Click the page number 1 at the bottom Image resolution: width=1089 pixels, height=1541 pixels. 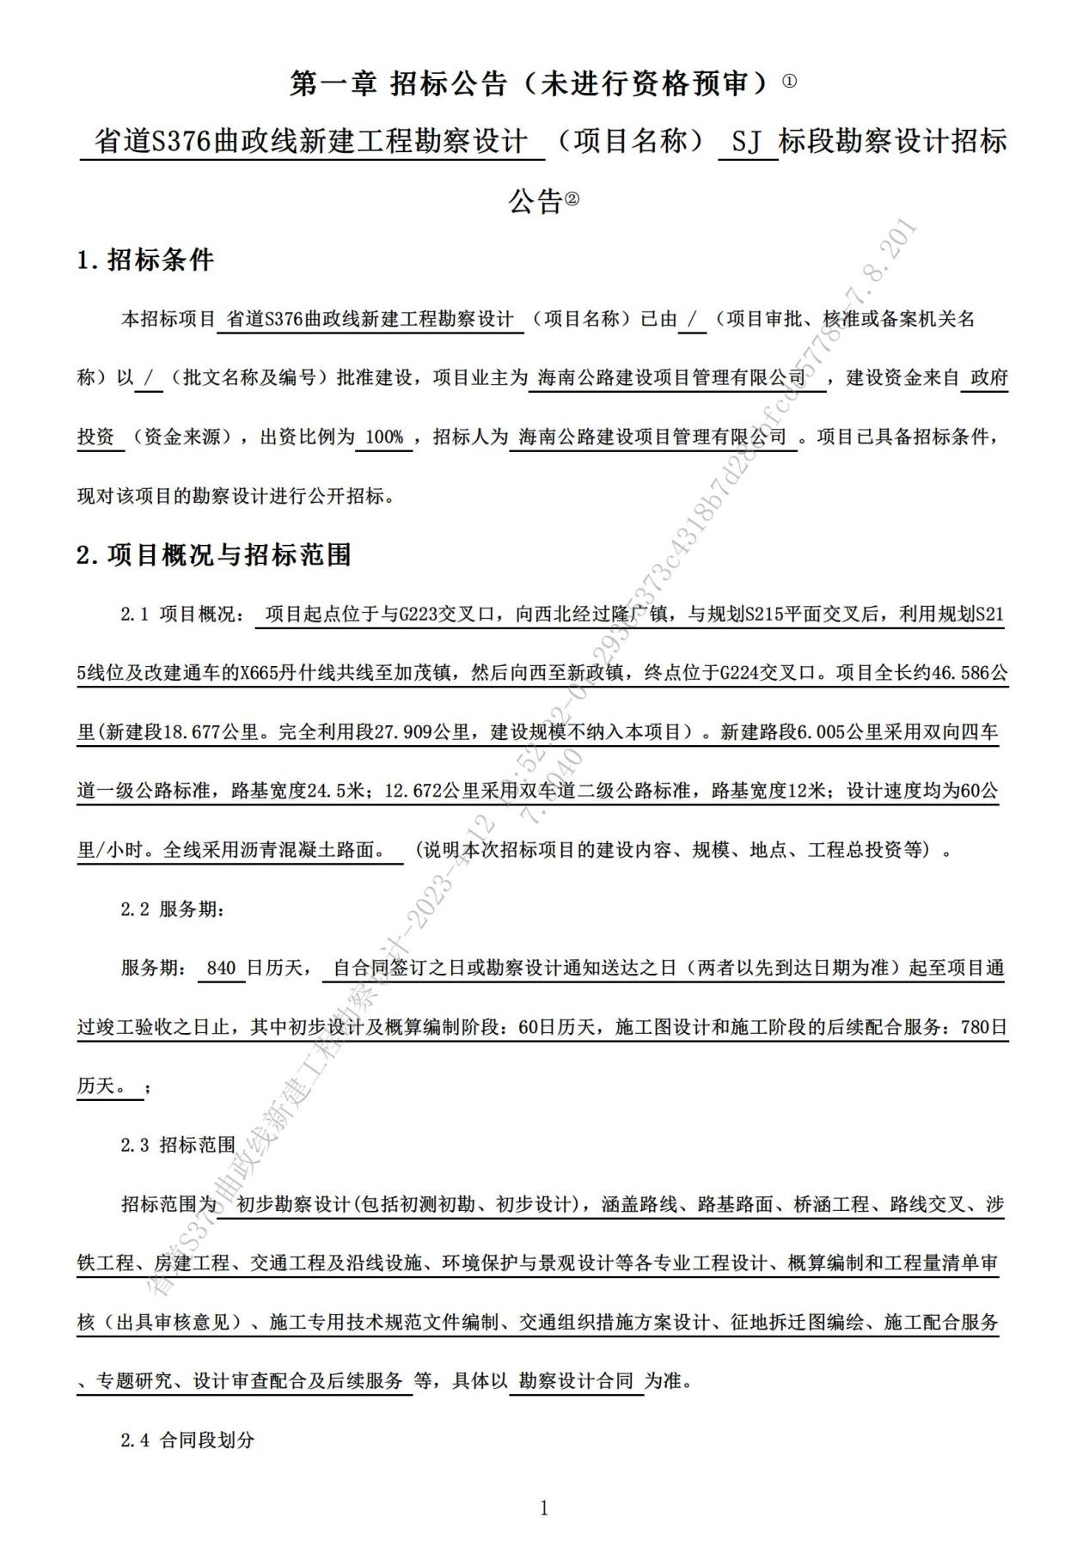543,1507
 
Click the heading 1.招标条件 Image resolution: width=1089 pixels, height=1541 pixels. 145,260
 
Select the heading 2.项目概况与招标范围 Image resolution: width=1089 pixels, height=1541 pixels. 214,555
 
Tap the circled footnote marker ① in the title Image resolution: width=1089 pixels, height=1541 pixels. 790,82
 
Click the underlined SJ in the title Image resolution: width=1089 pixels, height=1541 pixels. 748,141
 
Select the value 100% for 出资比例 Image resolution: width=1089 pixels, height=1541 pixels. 384,437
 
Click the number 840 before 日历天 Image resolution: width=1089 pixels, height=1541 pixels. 221,969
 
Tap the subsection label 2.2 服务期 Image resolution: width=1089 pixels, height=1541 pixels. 172,909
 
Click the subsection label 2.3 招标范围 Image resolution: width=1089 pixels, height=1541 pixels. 178,1145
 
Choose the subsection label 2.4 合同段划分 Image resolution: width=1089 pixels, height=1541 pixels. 187,1440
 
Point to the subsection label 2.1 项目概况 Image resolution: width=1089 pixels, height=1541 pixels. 182,615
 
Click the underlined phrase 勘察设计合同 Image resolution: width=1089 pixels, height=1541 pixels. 577,1381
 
